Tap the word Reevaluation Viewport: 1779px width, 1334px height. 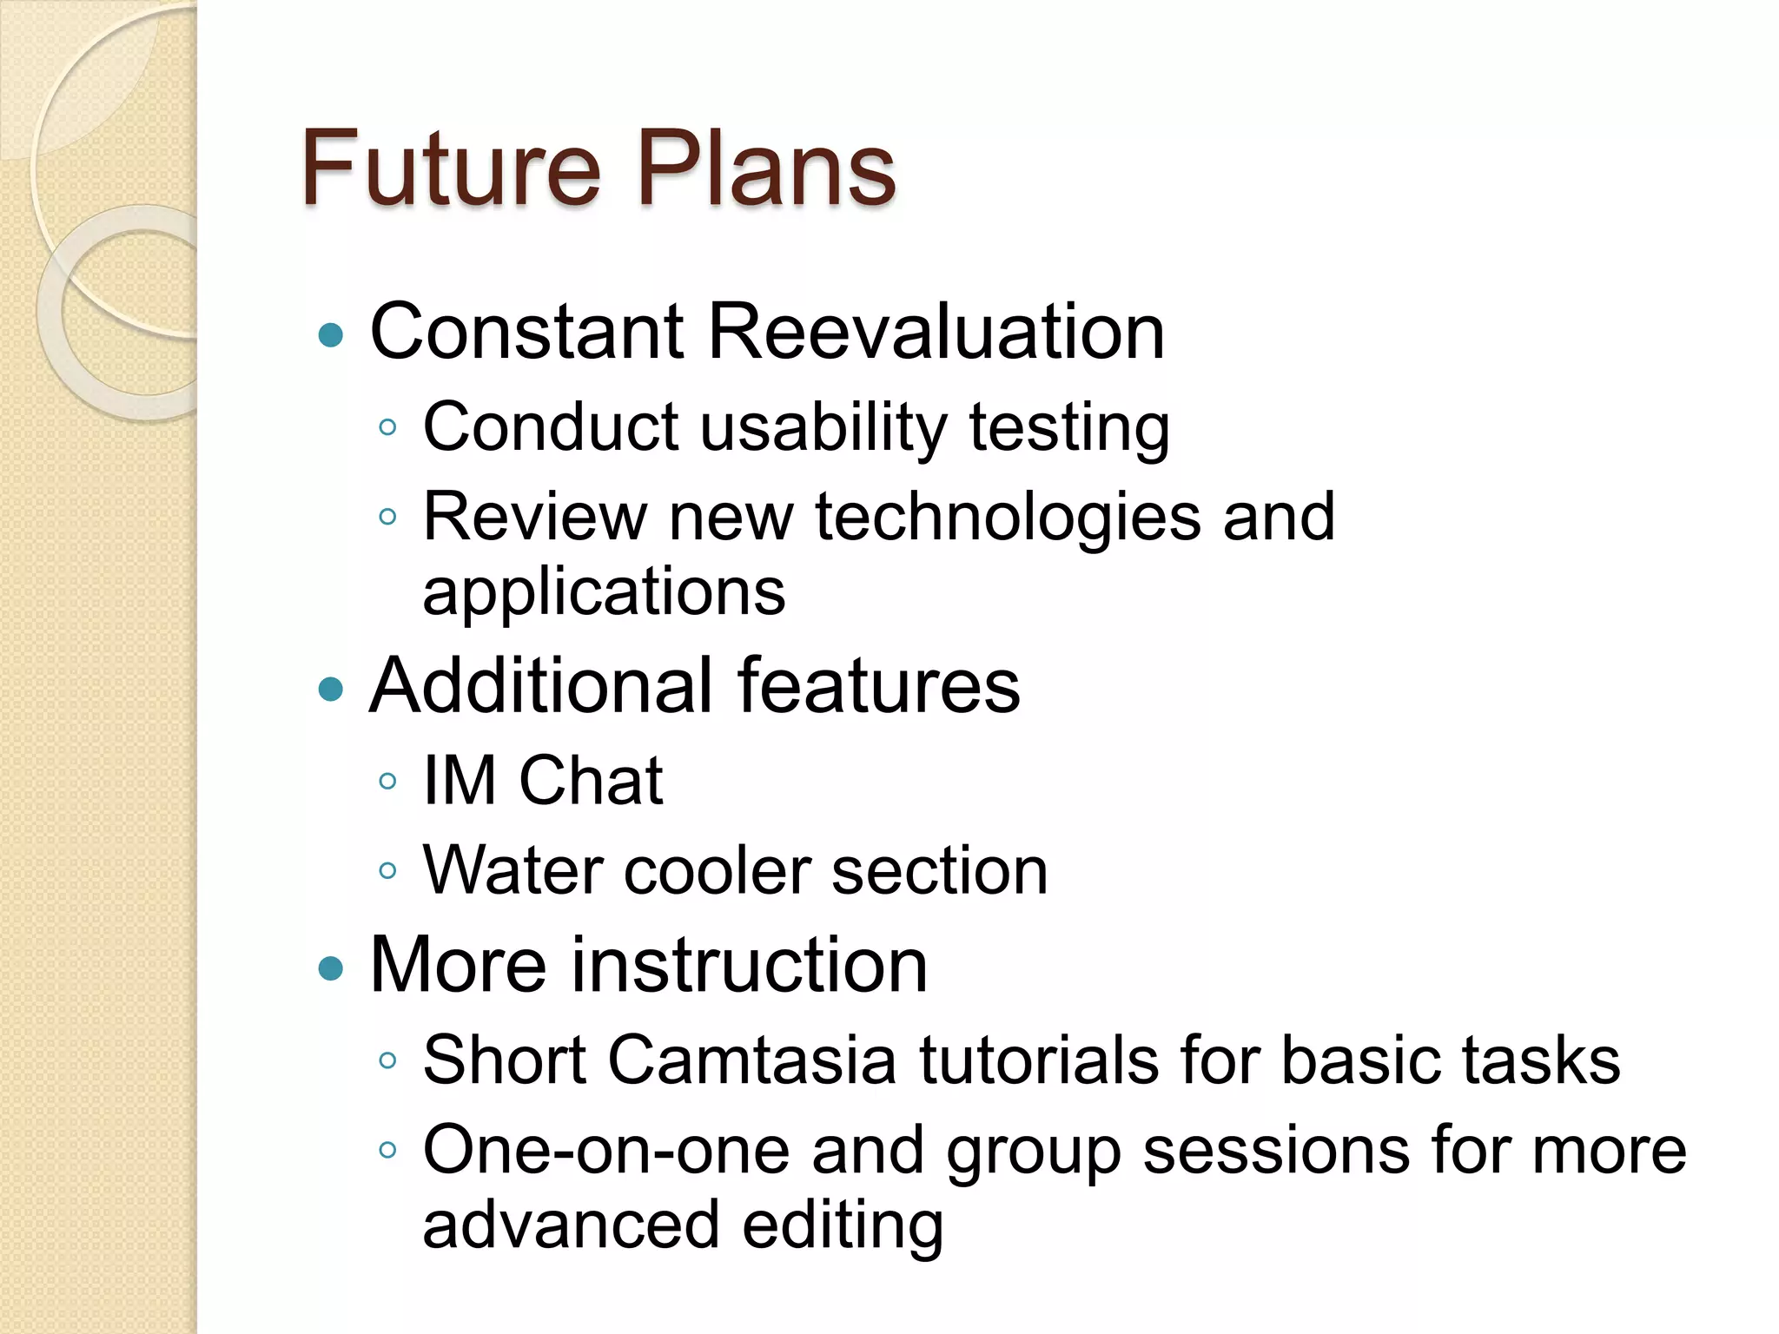[936, 332]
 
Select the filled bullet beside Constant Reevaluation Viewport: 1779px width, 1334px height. [331, 335]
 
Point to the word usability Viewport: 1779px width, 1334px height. [822, 427]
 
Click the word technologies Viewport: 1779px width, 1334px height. [1008, 518]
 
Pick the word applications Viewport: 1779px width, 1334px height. [604, 592]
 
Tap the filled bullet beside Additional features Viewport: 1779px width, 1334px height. [331, 690]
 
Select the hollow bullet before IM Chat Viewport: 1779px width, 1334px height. [388, 781]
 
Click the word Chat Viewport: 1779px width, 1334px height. [591, 781]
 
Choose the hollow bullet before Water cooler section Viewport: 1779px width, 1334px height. [388, 871]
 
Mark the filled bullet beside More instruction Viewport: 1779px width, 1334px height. [331, 967]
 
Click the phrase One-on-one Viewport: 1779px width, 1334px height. [606, 1151]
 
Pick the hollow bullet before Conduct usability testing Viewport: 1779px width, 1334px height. [388, 427]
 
